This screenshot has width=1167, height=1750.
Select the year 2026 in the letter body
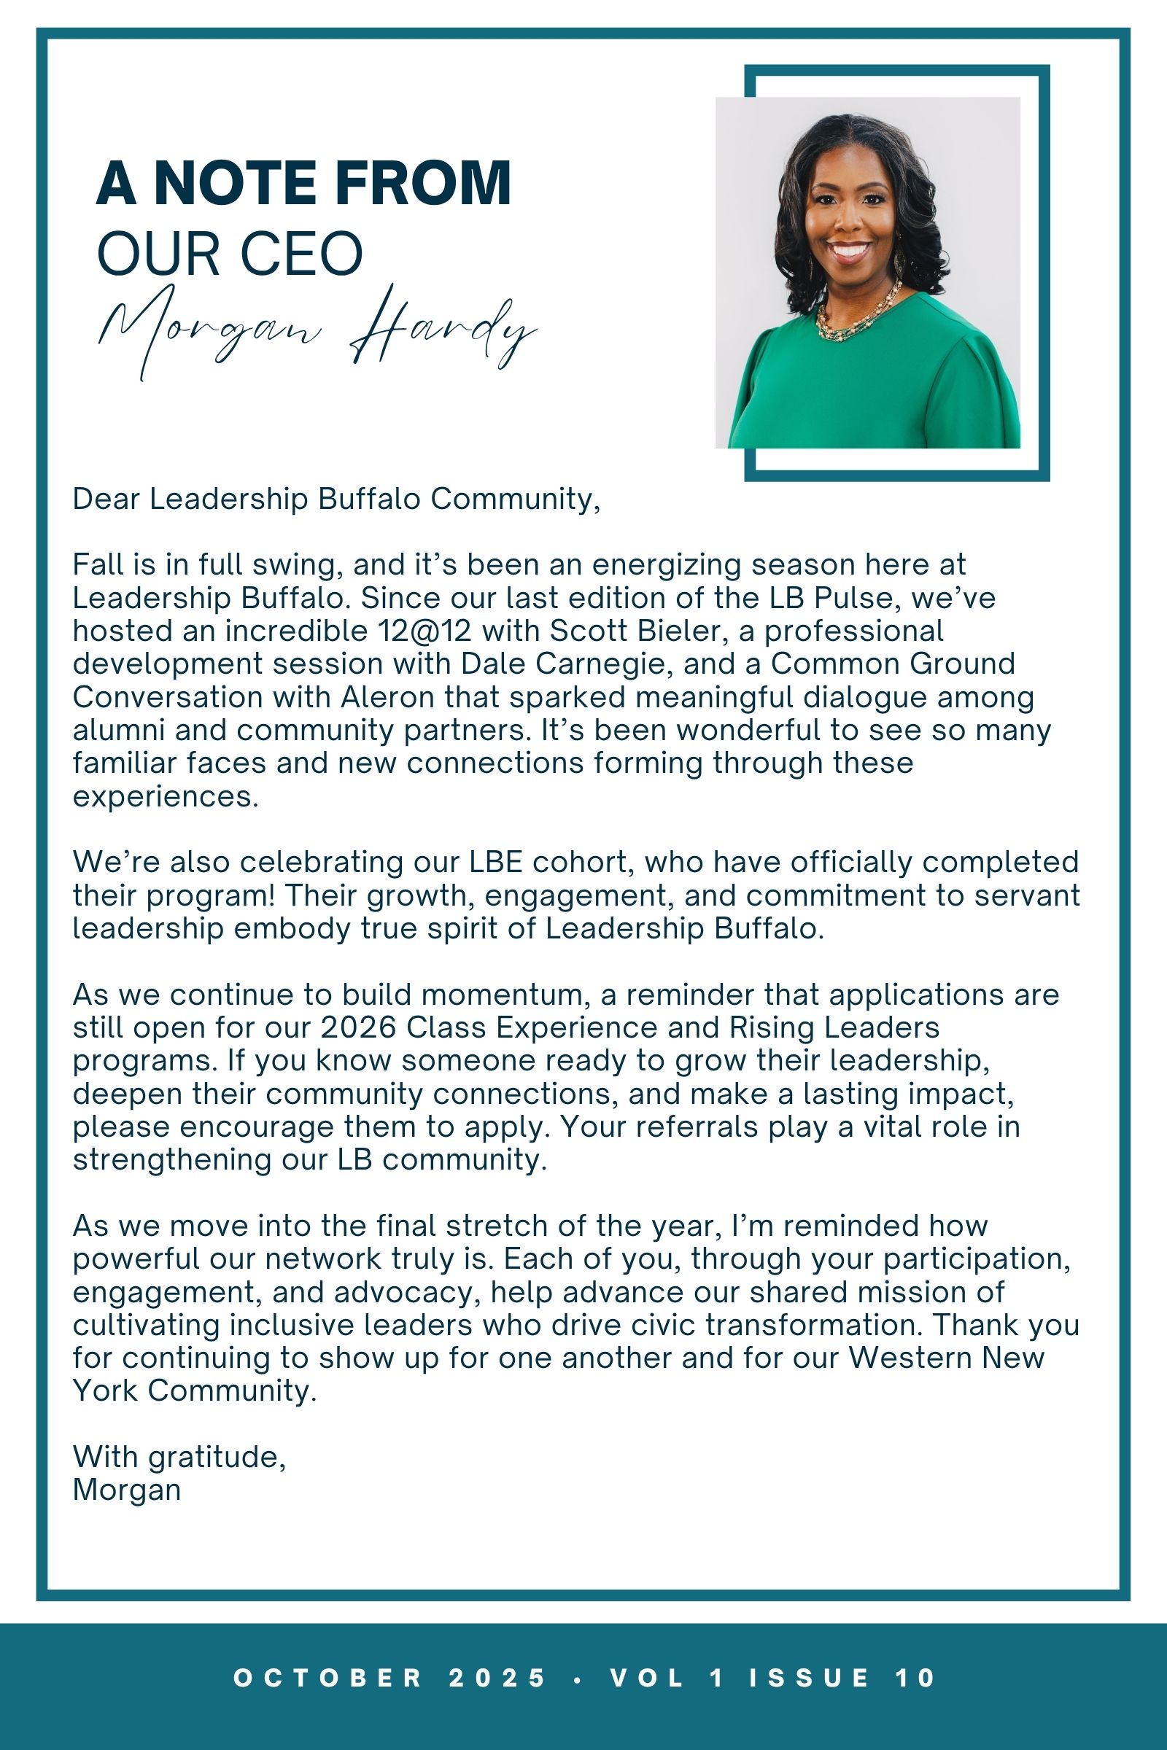pos(358,1027)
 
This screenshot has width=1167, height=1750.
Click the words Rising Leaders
pos(834,1027)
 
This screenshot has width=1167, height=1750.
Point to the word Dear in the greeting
pos(106,499)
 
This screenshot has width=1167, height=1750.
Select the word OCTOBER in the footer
pos(328,1677)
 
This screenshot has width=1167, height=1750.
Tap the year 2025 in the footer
pos(497,1677)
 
